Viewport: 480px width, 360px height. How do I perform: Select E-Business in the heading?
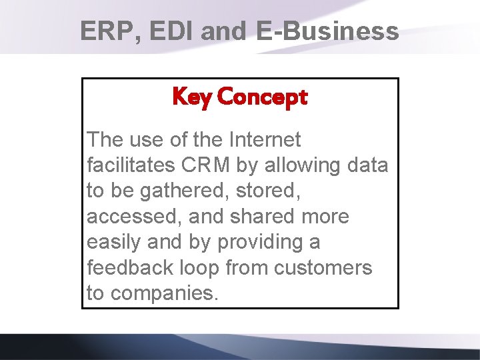click(327, 31)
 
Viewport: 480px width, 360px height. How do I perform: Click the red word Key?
click(191, 97)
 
